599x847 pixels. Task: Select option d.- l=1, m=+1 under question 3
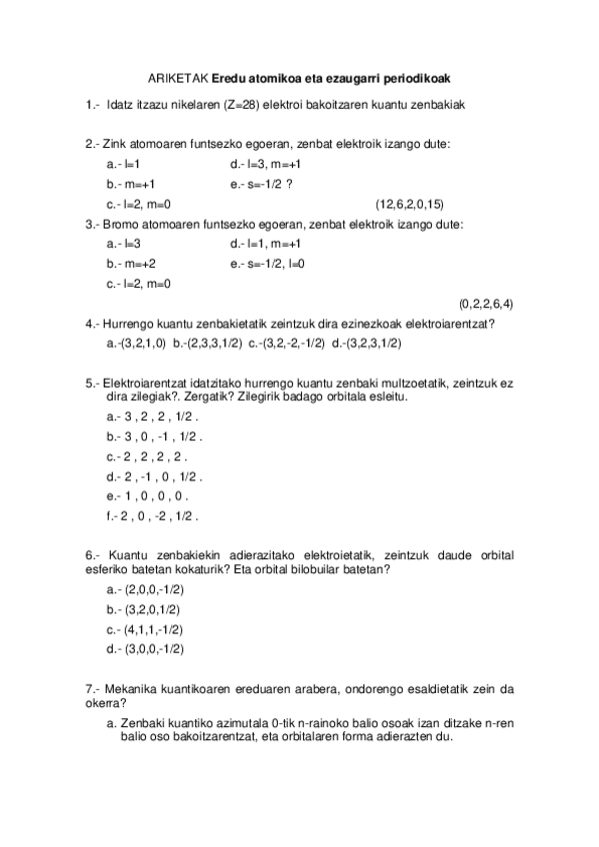click(265, 244)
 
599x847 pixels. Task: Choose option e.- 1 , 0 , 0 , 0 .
click(146, 496)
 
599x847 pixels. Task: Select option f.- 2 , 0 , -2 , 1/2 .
click(152, 516)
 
